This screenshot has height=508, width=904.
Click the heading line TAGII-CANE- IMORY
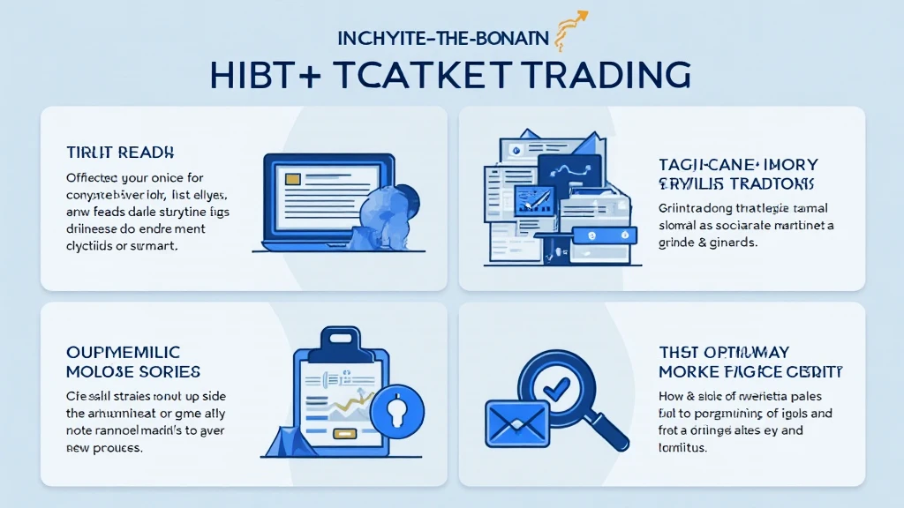click(738, 164)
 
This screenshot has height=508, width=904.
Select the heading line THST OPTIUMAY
click(723, 352)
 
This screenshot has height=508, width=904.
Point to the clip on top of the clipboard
click(343, 339)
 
